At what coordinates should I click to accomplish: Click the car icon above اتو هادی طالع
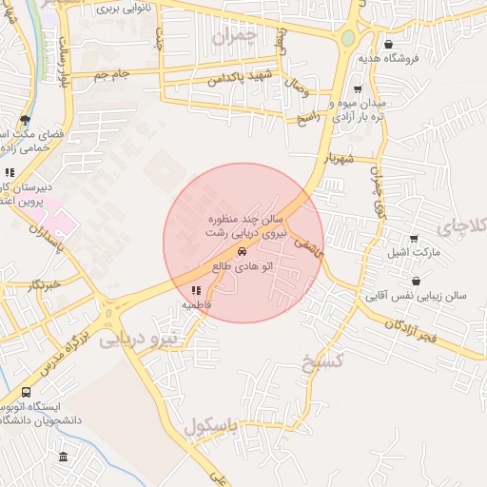pyautogui.click(x=243, y=251)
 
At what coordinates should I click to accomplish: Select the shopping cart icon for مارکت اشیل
pyautogui.click(x=413, y=239)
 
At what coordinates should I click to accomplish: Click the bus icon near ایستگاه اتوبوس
pyautogui.click(x=26, y=391)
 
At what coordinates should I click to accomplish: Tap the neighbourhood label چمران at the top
pyautogui.click(x=236, y=38)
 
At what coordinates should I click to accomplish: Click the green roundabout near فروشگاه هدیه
pyautogui.click(x=348, y=38)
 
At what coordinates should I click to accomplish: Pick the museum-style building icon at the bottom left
pyautogui.click(x=63, y=457)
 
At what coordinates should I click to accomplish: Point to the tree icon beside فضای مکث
pyautogui.click(x=25, y=121)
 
